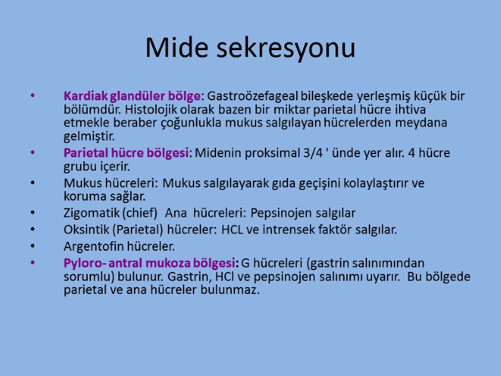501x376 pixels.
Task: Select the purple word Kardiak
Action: click(85, 97)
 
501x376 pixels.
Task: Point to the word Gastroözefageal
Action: click(245, 97)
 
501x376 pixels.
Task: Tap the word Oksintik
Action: click(87, 229)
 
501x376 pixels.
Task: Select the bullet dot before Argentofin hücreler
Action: click(31, 246)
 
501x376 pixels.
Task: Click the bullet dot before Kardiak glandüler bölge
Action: click(31, 97)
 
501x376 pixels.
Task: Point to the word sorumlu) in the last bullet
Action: click(87, 276)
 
